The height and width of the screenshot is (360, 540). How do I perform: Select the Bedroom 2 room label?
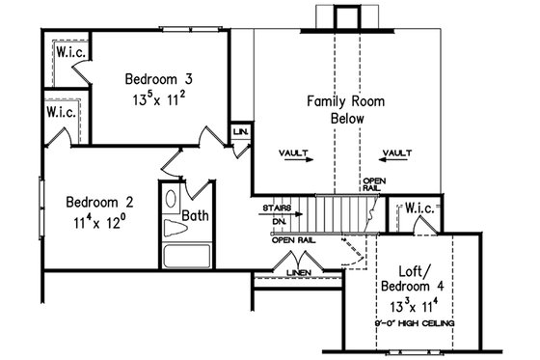tap(100, 203)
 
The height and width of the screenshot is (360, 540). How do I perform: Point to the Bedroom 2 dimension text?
tap(100, 221)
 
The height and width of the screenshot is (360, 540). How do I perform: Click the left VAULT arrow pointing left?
tap(292, 162)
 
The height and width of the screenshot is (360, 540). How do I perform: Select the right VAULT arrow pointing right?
tap(396, 162)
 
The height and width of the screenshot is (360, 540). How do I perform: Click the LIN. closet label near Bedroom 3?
tap(240, 129)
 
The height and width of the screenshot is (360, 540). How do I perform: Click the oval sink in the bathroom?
tap(172, 199)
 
